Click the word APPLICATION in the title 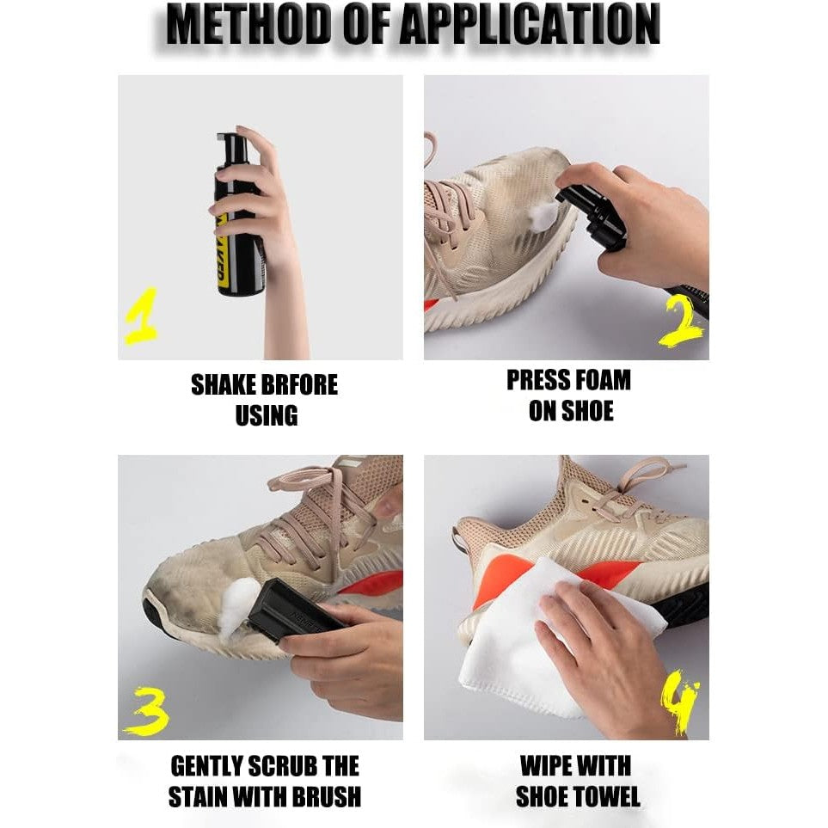tap(530, 24)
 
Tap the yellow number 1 tap(141, 316)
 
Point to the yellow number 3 tap(146, 711)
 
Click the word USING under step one tap(267, 415)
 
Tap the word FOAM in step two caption tap(602, 380)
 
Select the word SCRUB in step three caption tap(285, 766)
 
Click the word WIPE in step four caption tap(548, 766)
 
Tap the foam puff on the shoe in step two tap(543, 212)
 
